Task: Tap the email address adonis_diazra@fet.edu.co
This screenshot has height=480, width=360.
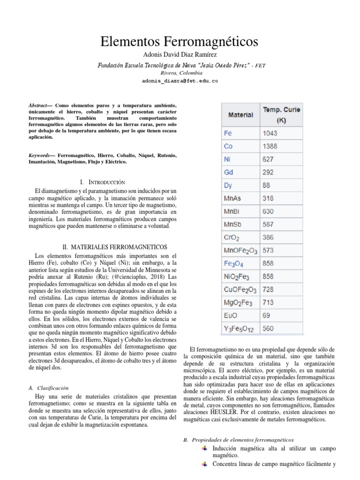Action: [180, 81]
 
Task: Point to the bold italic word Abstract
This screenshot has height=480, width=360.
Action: [38, 106]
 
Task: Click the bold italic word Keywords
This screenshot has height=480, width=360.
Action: [39, 155]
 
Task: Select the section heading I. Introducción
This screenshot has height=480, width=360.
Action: [103, 181]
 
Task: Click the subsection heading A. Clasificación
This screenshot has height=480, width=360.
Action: [49, 388]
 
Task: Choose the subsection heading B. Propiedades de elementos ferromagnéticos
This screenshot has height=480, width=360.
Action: [238, 440]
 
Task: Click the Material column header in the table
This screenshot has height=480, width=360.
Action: [240, 115]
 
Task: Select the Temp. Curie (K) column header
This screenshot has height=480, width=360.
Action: [281, 115]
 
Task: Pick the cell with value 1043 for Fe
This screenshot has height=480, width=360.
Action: [270, 134]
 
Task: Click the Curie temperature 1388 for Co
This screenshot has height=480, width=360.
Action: [270, 146]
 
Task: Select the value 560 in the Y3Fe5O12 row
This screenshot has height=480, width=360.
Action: [268, 329]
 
